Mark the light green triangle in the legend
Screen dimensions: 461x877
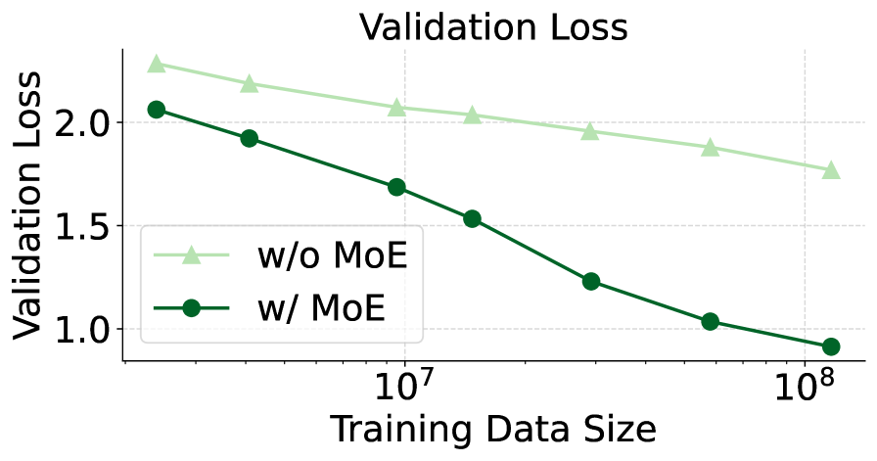click(x=191, y=255)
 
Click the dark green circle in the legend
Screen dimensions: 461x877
click(x=191, y=308)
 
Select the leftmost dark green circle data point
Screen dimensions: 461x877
click(x=156, y=110)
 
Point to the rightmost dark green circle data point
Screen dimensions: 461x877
click(x=831, y=346)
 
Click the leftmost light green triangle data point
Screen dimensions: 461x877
click(x=156, y=64)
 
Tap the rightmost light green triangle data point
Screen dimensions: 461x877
click(x=831, y=169)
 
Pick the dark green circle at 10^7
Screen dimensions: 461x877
click(x=396, y=187)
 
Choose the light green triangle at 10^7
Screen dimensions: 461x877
click(x=396, y=107)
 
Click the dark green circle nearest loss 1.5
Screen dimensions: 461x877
click(x=472, y=218)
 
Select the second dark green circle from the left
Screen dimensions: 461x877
click(x=249, y=138)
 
